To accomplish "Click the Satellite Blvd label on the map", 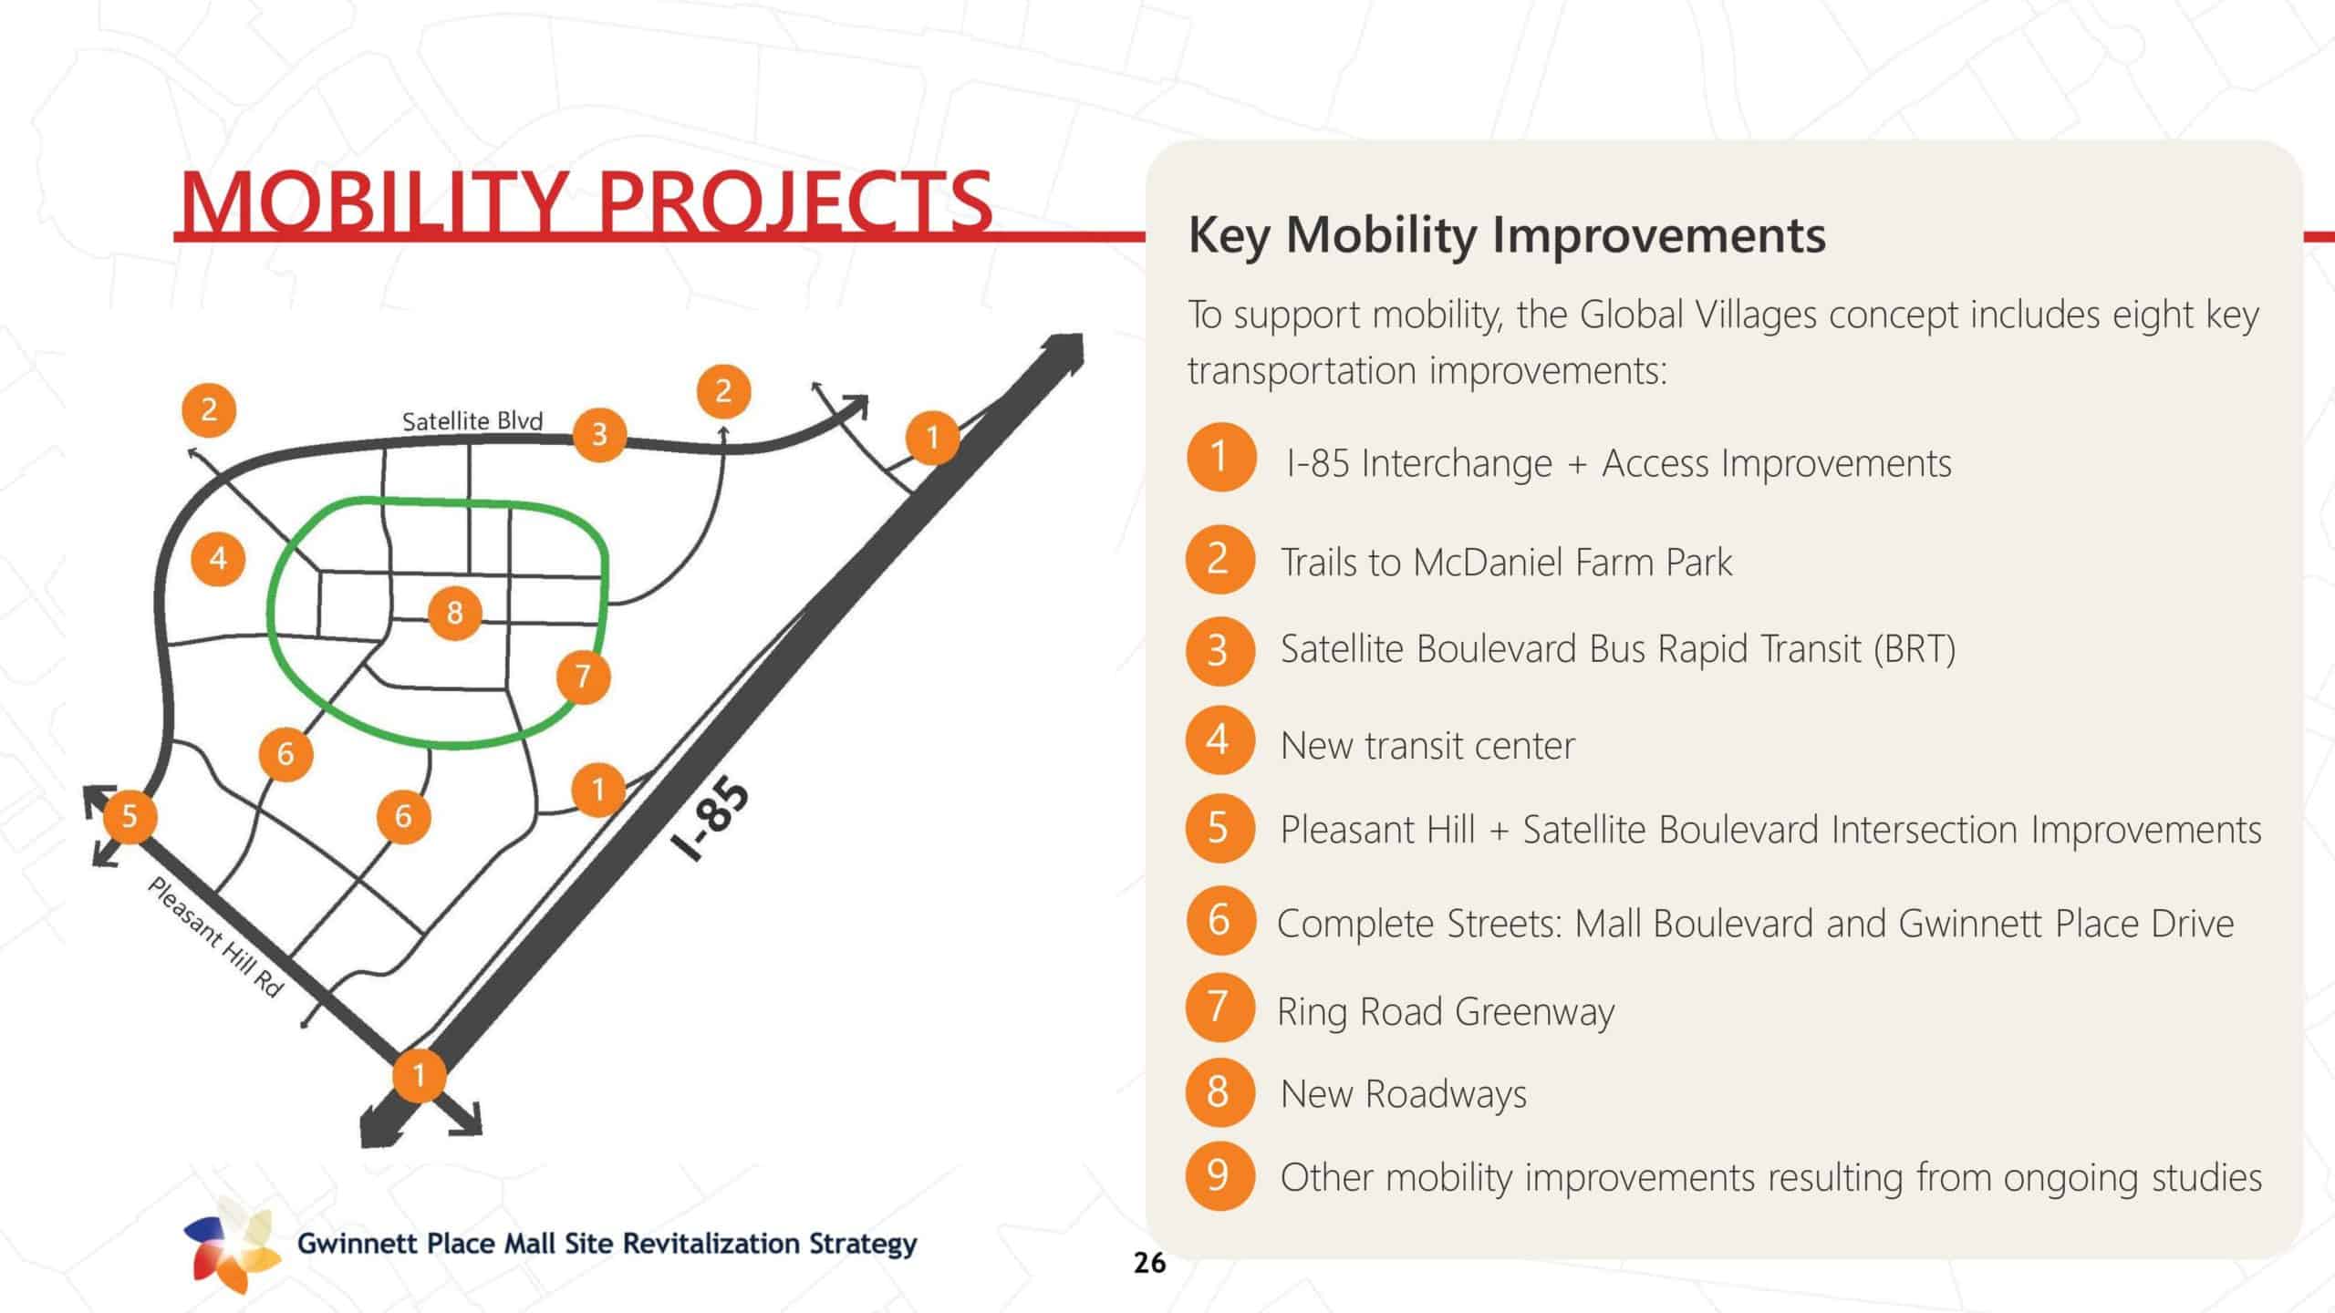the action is pyautogui.click(x=472, y=420).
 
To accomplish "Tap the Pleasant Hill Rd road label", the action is pyautogui.click(x=215, y=937).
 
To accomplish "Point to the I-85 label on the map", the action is pyautogui.click(x=711, y=820).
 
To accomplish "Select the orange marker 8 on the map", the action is pyautogui.click(x=454, y=613).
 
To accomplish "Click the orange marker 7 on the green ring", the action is pyautogui.click(x=584, y=677).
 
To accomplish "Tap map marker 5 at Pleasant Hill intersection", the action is pyautogui.click(x=130, y=815).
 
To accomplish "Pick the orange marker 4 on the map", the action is pyautogui.click(x=218, y=558).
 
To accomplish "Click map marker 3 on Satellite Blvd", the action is pyautogui.click(x=599, y=434).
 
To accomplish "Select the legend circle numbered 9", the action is pyautogui.click(x=1219, y=1175).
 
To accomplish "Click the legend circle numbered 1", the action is pyautogui.click(x=1220, y=457).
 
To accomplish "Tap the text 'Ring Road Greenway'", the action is pyautogui.click(x=1446, y=1011).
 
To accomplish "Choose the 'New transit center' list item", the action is pyautogui.click(x=1427, y=746).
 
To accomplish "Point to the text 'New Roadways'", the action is pyautogui.click(x=1404, y=1093).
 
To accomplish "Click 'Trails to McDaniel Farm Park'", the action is pyautogui.click(x=1506, y=562).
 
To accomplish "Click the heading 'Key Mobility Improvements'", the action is pyautogui.click(x=1507, y=235).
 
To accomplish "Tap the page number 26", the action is pyautogui.click(x=1149, y=1263).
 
